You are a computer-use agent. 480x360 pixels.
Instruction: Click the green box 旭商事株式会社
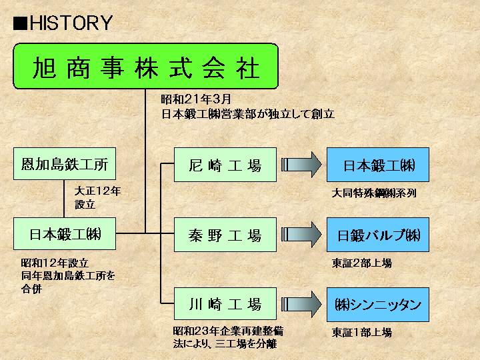pyautogui.click(x=145, y=67)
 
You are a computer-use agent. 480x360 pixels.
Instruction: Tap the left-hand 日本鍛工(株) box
pyautogui.click(x=65, y=235)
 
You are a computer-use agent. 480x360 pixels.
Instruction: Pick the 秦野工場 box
pyautogui.click(x=225, y=235)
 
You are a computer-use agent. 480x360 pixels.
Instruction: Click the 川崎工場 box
pyautogui.click(x=225, y=305)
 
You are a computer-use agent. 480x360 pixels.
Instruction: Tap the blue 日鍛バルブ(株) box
pyautogui.click(x=378, y=235)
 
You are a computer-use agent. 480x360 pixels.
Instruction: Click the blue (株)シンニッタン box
pyautogui.click(x=378, y=305)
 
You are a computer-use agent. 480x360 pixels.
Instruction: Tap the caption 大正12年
pyautogui.click(x=97, y=191)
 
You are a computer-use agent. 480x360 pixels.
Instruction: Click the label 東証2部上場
pyautogui.click(x=362, y=263)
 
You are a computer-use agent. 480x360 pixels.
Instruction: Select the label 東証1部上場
pyautogui.click(x=362, y=332)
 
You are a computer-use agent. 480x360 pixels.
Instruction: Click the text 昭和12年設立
pyautogui.click(x=55, y=263)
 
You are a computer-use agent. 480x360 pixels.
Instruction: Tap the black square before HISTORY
pyautogui.click(x=21, y=23)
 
